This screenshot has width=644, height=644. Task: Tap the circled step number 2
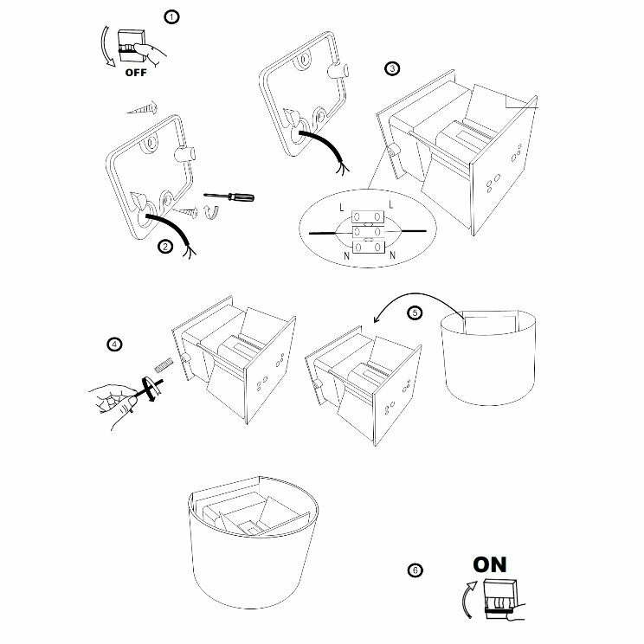[164, 246]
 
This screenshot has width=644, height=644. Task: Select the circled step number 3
[392, 68]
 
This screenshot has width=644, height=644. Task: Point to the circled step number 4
[113, 344]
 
